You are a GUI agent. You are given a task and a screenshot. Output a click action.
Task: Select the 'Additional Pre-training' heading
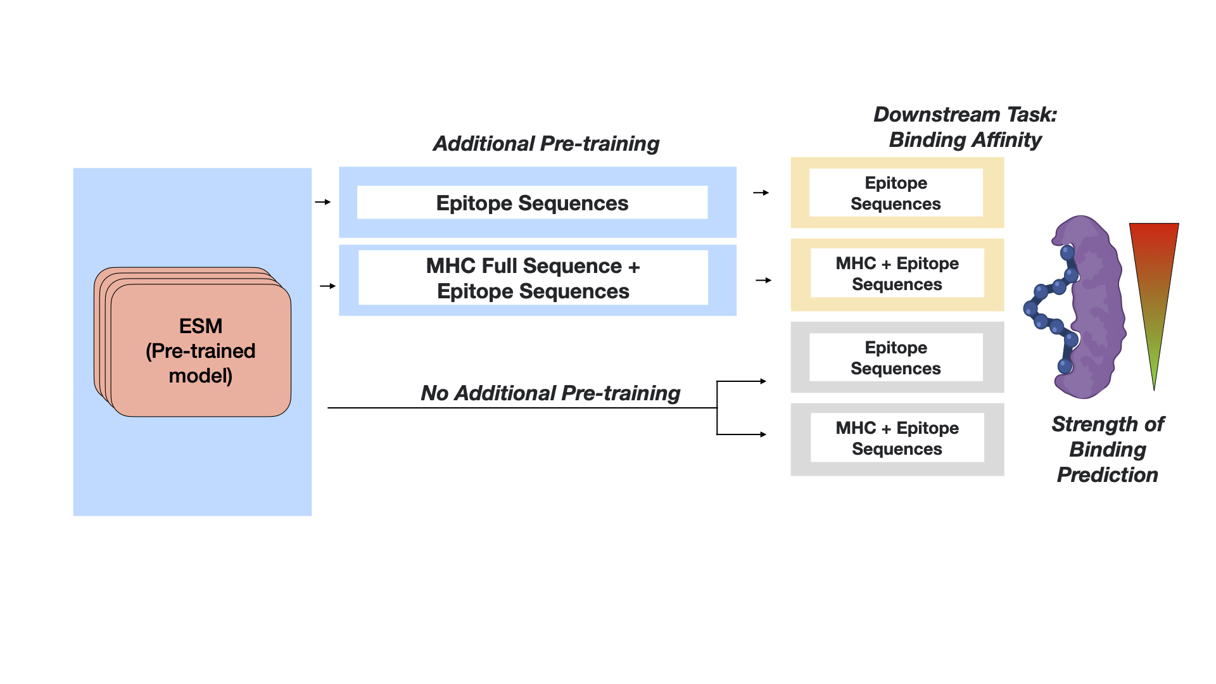[546, 144]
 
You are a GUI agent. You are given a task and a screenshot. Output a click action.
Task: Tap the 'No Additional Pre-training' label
[550, 393]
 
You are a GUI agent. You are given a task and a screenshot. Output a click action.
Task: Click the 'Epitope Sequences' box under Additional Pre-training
[532, 203]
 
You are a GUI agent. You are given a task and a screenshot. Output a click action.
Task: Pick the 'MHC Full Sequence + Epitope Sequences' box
[533, 279]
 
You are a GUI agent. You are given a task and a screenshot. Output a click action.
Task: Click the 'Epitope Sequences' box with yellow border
[896, 193]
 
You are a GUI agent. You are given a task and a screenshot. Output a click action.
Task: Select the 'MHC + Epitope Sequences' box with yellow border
[897, 274]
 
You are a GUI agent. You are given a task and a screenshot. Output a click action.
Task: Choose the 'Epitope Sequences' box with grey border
[896, 358]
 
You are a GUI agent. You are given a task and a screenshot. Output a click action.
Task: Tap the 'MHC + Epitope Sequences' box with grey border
[897, 438]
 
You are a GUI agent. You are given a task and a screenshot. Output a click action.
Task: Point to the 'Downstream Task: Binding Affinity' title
[965, 127]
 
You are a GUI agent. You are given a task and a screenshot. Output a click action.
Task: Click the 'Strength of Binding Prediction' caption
[1108, 449]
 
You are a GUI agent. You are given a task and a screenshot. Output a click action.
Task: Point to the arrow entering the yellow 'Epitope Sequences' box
[761, 193]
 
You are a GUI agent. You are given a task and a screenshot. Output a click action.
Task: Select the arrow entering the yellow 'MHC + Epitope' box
[763, 280]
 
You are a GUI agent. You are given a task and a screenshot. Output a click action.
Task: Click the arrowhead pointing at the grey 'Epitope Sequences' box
[763, 381]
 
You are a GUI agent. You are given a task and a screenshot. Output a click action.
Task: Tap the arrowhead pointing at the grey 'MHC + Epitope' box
[763, 434]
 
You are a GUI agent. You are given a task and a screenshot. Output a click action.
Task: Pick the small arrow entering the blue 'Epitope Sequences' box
[323, 202]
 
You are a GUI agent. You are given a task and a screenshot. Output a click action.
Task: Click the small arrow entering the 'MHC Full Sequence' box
[327, 286]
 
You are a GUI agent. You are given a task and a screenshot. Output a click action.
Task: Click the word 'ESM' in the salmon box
[201, 326]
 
